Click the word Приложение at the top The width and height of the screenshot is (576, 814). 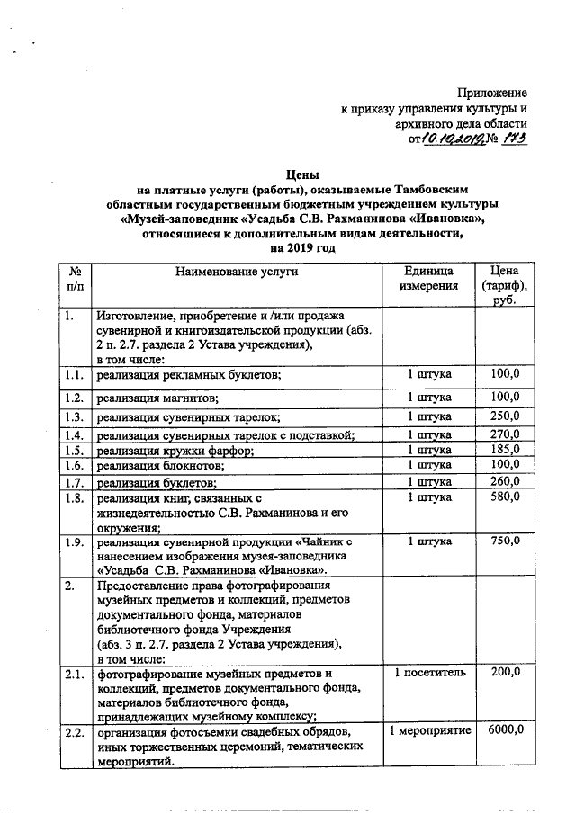pyautogui.click(x=491, y=94)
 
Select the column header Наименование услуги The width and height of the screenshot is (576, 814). pyautogui.click(x=236, y=270)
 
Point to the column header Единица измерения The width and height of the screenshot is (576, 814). pyautogui.click(x=428, y=278)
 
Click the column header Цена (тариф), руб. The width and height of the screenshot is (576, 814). pyautogui.click(x=504, y=285)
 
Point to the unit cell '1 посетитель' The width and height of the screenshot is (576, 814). pyautogui.click(x=428, y=672)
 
